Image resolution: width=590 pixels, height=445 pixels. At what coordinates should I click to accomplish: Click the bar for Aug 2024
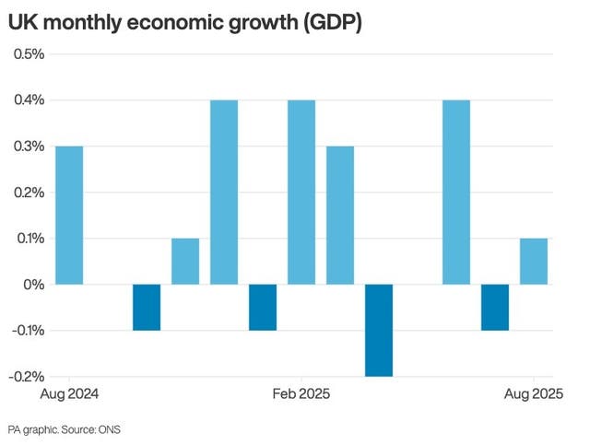(69, 215)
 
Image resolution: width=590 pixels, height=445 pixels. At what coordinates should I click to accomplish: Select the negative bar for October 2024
(147, 307)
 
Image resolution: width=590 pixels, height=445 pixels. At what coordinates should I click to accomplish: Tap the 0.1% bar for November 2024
(185, 261)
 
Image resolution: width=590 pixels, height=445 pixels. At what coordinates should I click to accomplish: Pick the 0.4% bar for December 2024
(224, 192)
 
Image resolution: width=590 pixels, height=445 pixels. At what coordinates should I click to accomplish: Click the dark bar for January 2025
(263, 307)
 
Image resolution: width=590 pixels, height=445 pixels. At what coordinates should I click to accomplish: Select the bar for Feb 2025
(301, 192)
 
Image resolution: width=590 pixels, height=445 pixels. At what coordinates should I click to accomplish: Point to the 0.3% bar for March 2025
(340, 215)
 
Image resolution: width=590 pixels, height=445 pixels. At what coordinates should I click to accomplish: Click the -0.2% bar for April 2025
(379, 330)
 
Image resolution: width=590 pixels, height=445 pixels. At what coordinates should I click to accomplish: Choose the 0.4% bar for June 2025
(456, 192)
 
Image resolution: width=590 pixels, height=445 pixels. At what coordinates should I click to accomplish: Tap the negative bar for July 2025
(495, 307)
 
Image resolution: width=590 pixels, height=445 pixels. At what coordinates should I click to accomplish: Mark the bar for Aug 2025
(534, 261)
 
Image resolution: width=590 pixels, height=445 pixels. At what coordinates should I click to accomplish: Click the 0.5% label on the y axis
(28, 53)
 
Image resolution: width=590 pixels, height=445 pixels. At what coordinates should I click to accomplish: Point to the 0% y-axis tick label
(34, 284)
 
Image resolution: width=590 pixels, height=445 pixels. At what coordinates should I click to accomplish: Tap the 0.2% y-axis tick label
(28, 192)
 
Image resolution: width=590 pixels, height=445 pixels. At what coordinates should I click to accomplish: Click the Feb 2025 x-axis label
(301, 394)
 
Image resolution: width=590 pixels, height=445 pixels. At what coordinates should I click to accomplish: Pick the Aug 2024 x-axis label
(69, 394)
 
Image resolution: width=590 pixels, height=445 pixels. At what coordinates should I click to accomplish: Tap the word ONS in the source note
(121, 429)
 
